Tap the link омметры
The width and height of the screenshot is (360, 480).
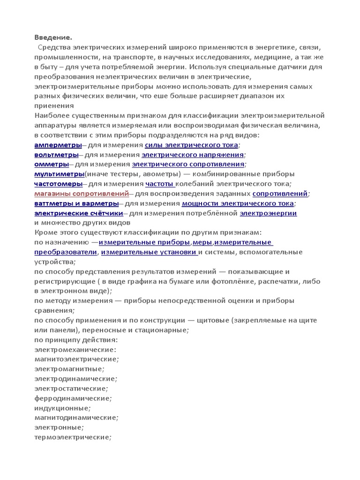(x=52, y=165)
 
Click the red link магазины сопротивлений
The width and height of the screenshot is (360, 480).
(x=82, y=194)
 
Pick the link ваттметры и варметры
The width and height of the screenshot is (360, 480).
(x=76, y=203)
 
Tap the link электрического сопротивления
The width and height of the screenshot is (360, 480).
(x=188, y=165)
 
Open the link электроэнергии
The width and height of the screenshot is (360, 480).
(x=268, y=213)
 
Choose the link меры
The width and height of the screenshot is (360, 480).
(x=203, y=242)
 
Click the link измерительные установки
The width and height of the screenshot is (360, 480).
(x=150, y=252)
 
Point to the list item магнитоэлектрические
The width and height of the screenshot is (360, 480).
(x=76, y=359)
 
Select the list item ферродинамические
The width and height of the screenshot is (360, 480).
(x=73, y=398)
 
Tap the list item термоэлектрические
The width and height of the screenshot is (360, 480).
(x=73, y=437)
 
